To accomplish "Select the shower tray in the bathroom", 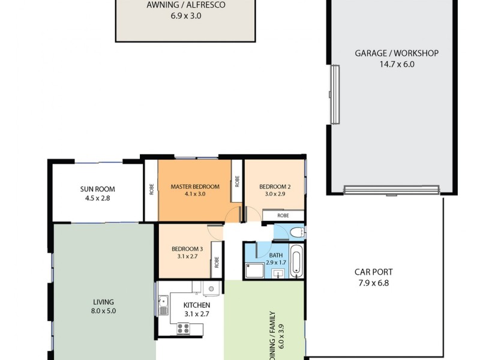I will pyautogui.click(x=253, y=271).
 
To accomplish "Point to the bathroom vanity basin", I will pyautogui.click(x=278, y=275).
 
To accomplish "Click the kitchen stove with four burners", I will pyautogui.click(x=182, y=328).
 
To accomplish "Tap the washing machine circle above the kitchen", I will pyautogui.click(x=209, y=290).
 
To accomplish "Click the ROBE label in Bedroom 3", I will pyautogui.click(x=216, y=262).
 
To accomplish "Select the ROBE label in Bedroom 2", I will pyautogui.click(x=283, y=215).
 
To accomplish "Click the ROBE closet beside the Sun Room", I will pyautogui.click(x=151, y=190).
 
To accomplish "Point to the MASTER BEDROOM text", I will pyautogui.click(x=195, y=187).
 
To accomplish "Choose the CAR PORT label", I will pyautogui.click(x=373, y=272).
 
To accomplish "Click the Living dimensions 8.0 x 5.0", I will pyautogui.click(x=103, y=311).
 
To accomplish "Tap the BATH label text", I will pyautogui.click(x=276, y=255).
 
